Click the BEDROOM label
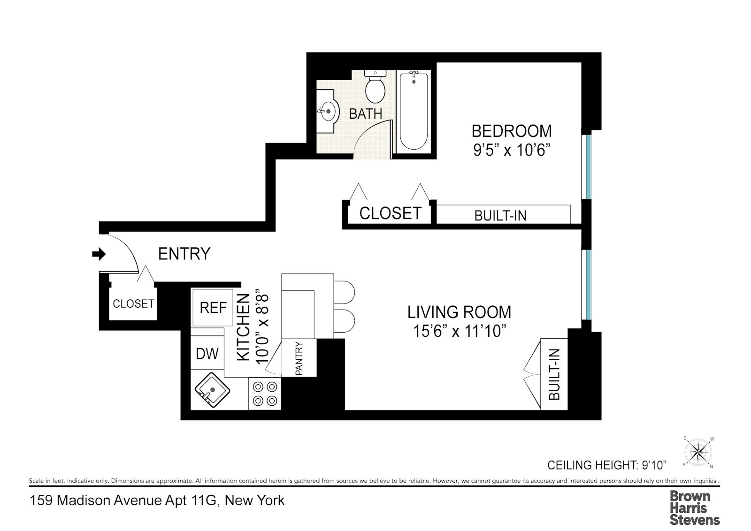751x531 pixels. [x=512, y=131]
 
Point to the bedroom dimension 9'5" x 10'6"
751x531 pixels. [x=512, y=150]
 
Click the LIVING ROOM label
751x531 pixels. [x=459, y=312]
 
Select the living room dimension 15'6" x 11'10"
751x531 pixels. [x=459, y=331]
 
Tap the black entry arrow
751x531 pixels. [x=99, y=254]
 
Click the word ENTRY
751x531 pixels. [x=184, y=254]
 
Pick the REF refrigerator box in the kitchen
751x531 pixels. [x=213, y=308]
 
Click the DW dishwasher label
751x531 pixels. [x=207, y=354]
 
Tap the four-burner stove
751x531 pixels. [x=265, y=394]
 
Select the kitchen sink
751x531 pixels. [x=212, y=390]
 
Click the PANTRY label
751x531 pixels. [x=299, y=358]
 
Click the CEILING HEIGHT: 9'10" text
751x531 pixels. [x=607, y=465]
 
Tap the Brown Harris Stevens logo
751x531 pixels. [x=694, y=508]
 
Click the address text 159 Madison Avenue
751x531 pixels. [x=157, y=501]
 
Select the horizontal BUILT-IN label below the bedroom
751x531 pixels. [x=500, y=216]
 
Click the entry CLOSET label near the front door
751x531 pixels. [x=133, y=303]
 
